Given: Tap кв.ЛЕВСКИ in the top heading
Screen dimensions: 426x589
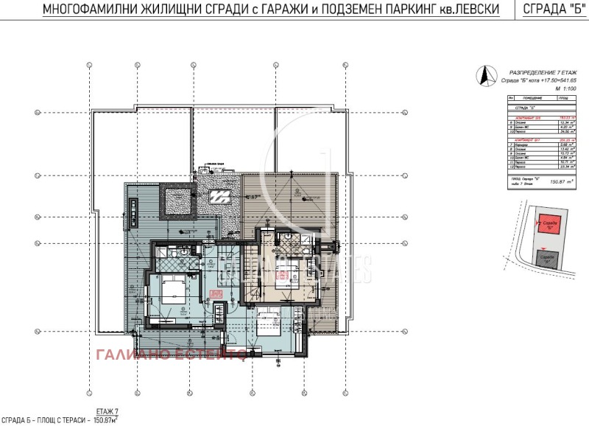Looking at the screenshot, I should click(x=468, y=10).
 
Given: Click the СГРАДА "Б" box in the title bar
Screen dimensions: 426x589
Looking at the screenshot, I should click(x=548, y=10).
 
